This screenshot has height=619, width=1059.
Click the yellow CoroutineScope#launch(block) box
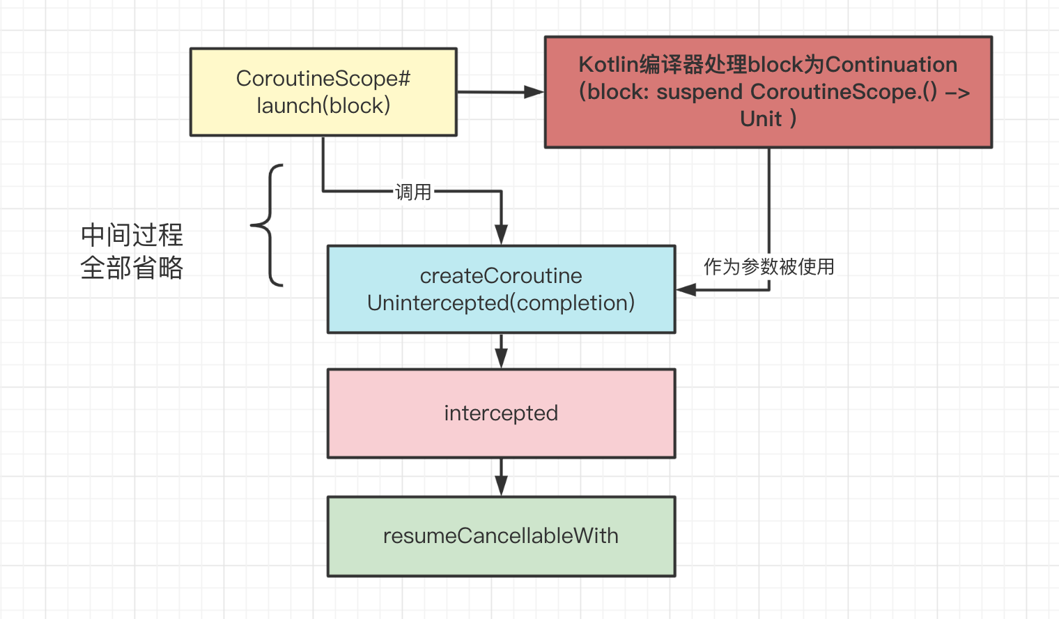(323, 92)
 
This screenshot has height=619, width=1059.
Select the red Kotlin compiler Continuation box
(768, 92)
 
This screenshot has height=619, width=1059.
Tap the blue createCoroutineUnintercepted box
(501, 289)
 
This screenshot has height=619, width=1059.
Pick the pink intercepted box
(501, 413)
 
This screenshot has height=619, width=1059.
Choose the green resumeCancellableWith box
(501, 536)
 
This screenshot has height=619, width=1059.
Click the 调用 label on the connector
(413, 192)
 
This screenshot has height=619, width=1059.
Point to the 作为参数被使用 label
(768, 266)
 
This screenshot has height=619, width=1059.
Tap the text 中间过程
(132, 235)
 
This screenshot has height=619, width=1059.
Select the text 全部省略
(132, 268)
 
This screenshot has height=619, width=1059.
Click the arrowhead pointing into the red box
(534, 92)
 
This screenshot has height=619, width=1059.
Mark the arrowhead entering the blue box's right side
(686, 289)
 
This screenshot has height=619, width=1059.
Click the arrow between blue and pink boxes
(501, 351)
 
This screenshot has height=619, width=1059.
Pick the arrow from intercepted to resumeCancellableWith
(501, 477)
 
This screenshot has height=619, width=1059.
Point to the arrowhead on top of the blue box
(501, 235)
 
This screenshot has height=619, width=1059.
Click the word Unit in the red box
(761, 119)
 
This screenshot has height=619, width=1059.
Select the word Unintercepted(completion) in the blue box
(501, 303)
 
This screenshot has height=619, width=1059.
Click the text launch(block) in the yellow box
(323, 106)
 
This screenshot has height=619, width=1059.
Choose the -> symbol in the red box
(957, 93)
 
